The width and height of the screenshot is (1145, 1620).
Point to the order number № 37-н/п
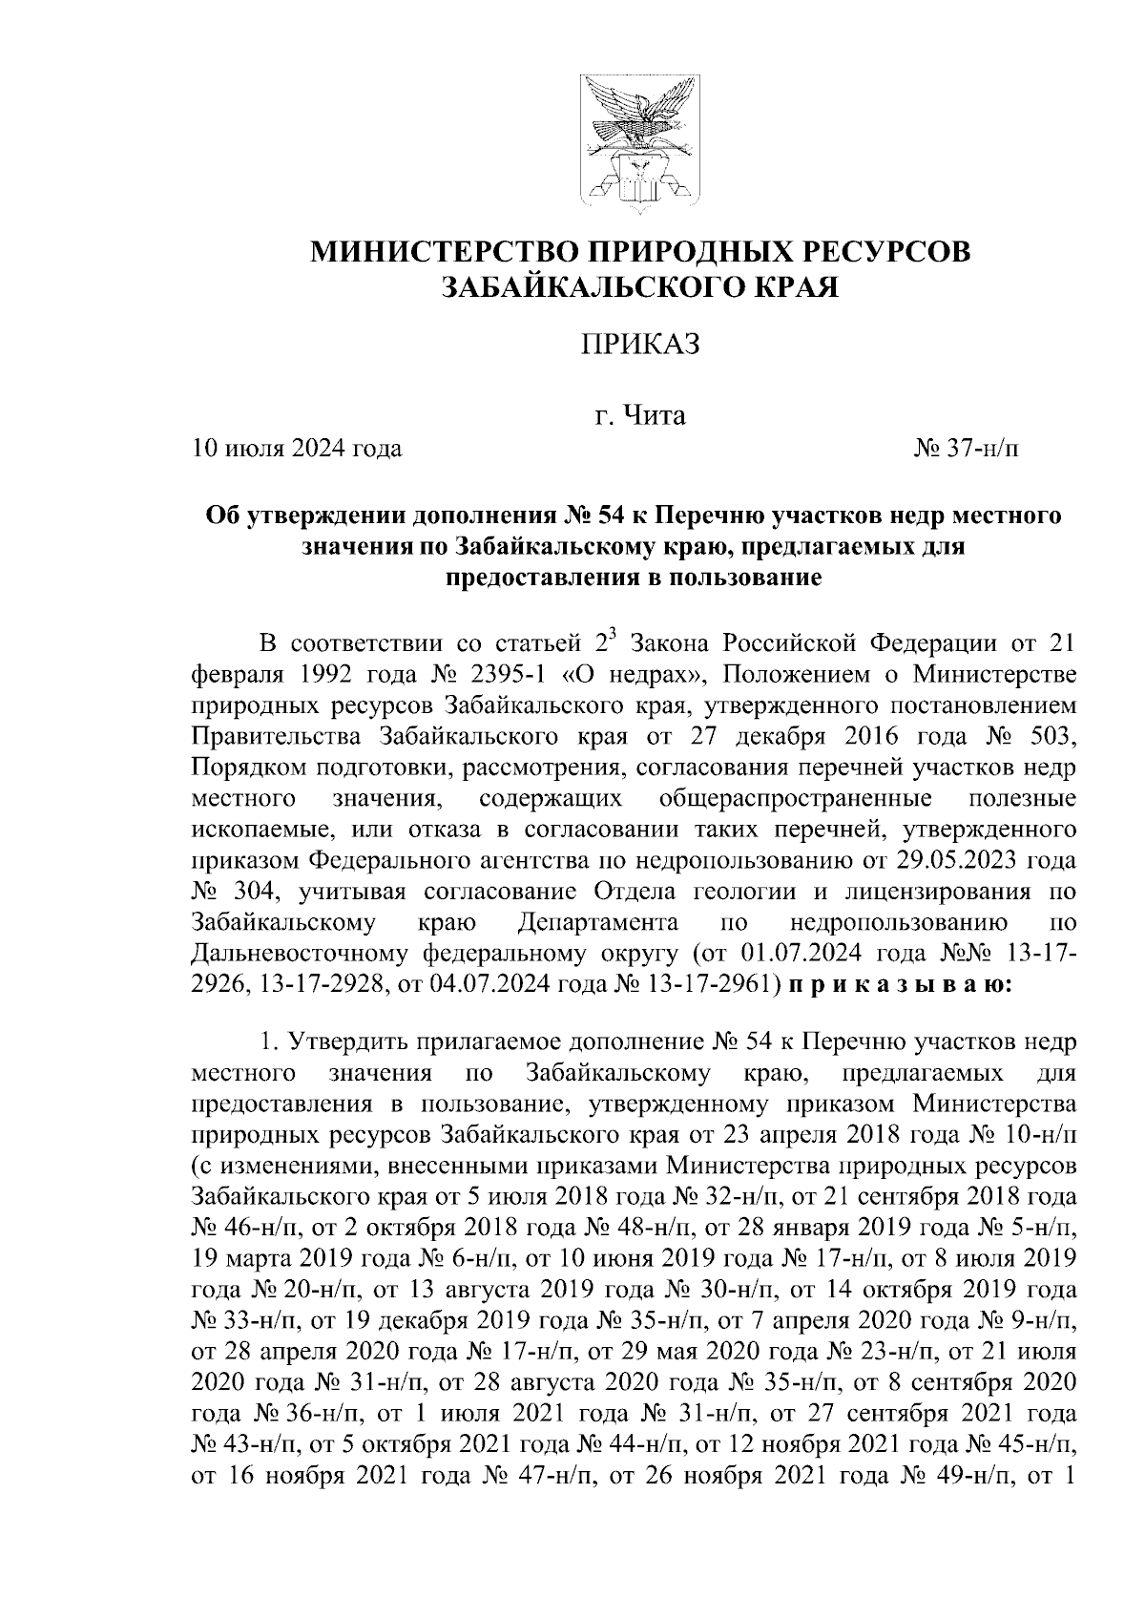click(966, 448)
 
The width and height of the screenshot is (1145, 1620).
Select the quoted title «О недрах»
click(635, 674)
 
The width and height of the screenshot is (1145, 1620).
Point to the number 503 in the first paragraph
click(1053, 736)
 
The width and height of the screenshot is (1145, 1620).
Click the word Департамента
click(598, 922)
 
